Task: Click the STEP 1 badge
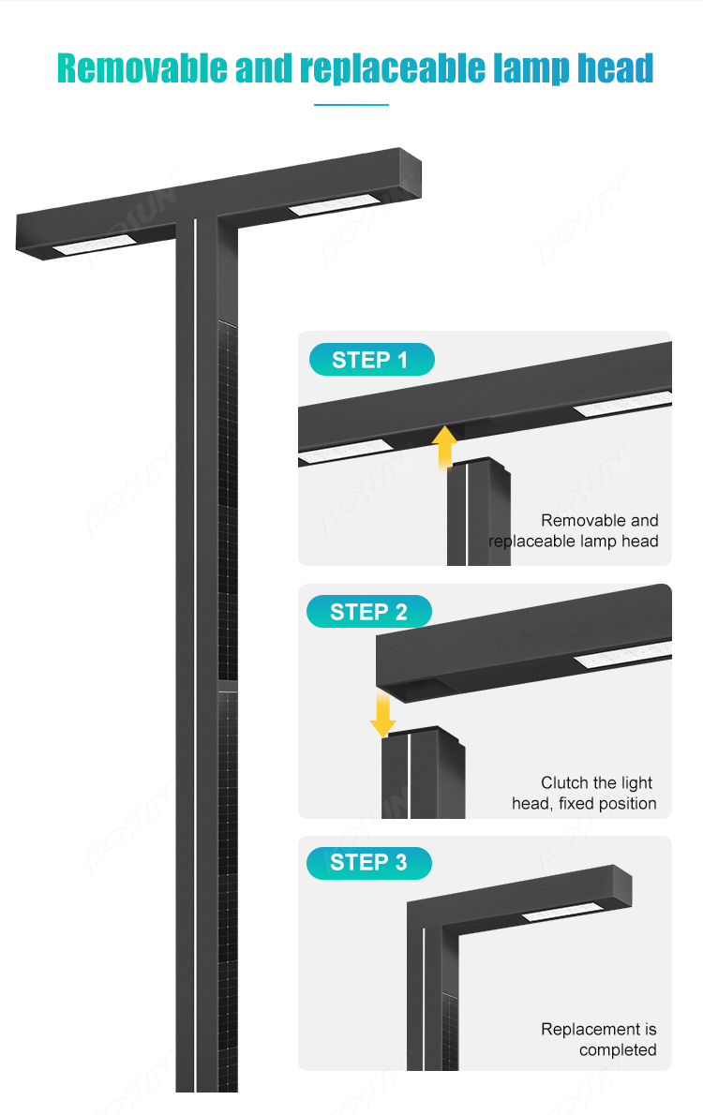click(x=371, y=359)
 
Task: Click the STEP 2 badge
click(x=368, y=612)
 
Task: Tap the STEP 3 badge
click(x=368, y=863)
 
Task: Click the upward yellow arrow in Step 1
click(x=444, y=447)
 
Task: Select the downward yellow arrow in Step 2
click(x=382, y=713)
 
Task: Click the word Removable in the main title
click(x=142, y=68)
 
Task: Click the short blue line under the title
click(x=351, y=105)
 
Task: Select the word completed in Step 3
click(x=618, y=1049)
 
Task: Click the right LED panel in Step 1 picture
click(x=622, y=403)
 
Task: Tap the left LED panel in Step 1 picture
click(x=345, y=452)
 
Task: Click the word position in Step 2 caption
click(x=627, y=804)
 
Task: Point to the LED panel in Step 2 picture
click(x=624, y=656)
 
